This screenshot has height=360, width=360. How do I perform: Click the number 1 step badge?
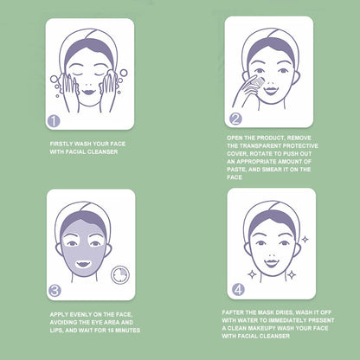54,121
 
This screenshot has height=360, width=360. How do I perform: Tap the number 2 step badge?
235,119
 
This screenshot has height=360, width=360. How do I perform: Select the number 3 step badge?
55,291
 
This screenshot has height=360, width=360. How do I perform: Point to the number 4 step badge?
238,290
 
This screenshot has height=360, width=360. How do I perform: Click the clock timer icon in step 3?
120,274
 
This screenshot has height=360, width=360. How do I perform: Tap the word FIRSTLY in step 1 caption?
61,144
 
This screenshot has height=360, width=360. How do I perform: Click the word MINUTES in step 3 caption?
127,330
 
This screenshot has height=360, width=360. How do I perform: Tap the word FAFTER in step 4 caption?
232,312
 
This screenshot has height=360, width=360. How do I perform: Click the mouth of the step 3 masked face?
83,264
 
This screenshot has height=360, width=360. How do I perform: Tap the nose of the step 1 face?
88,84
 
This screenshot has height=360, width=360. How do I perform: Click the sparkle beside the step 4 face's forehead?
305,239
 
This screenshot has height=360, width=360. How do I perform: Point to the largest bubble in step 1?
54,79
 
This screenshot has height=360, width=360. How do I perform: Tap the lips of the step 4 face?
271,263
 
